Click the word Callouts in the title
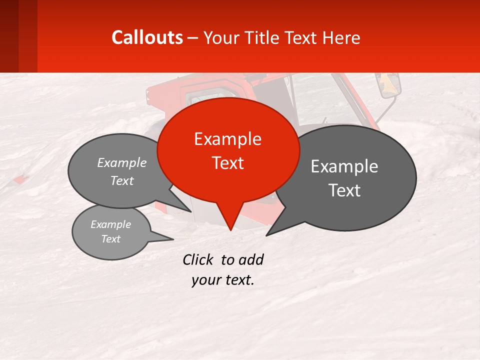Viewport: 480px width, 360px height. coord(147,37)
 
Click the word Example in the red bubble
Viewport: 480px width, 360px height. coord(228,139)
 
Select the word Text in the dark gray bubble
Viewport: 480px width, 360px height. coord(344,190)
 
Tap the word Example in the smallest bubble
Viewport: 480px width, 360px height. coord(111,224)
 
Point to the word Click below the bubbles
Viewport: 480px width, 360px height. coord(199,259)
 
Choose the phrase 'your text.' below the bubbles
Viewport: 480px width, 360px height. coord(223,280)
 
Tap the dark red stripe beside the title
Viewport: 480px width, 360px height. coord(27,36)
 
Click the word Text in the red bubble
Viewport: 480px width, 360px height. coord(228,163)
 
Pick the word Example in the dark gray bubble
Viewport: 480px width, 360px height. coord(344,166)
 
